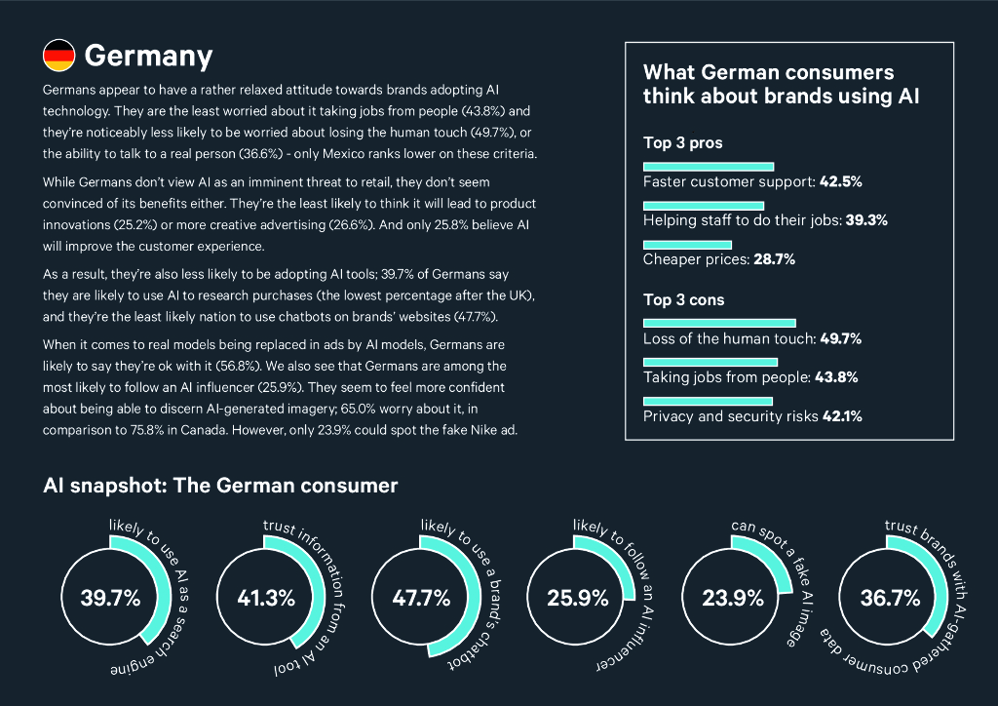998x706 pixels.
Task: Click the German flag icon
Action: pyautogui.click(x=58, y=56)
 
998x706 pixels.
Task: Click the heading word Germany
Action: pyautogui.click(x=148, y=56)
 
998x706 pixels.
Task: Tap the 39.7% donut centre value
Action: pyautogui.click(x=111, y=598)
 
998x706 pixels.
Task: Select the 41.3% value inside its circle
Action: pyautogui.click(x=266, y=598)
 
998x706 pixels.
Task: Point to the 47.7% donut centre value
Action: pyautogui.click(x=421, y=598)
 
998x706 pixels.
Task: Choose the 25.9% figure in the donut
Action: pyautogui.click(x=577, y=598)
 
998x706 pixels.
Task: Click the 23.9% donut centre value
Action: pyautogui.click(x=732, y=598)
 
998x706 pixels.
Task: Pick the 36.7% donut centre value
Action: pyautogui.click(x=890, y=598)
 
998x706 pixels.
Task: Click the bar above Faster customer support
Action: pyautogui.click(x=709, y=167)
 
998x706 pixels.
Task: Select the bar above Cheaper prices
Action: pyautogui.click(x=687, y=245)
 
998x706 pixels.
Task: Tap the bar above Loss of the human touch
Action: pyautogui.click(x=719, y=323)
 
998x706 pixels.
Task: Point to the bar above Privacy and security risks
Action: pyautogui.click(x=708, y=401)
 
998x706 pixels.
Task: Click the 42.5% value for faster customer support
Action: pyautogui.click(x=840, y=181)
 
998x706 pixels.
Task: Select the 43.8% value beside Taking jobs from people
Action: pyautogui.click(x=835, y=377)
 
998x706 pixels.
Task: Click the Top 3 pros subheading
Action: pyautogui.click(x=682, y=143)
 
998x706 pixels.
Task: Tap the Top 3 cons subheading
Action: pyautogui.click(x=684, y=299)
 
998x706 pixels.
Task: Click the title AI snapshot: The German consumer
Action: pyautogui.click(x=220, y=485)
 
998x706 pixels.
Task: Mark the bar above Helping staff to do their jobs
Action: pyautogui.click(x=704, y=206)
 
